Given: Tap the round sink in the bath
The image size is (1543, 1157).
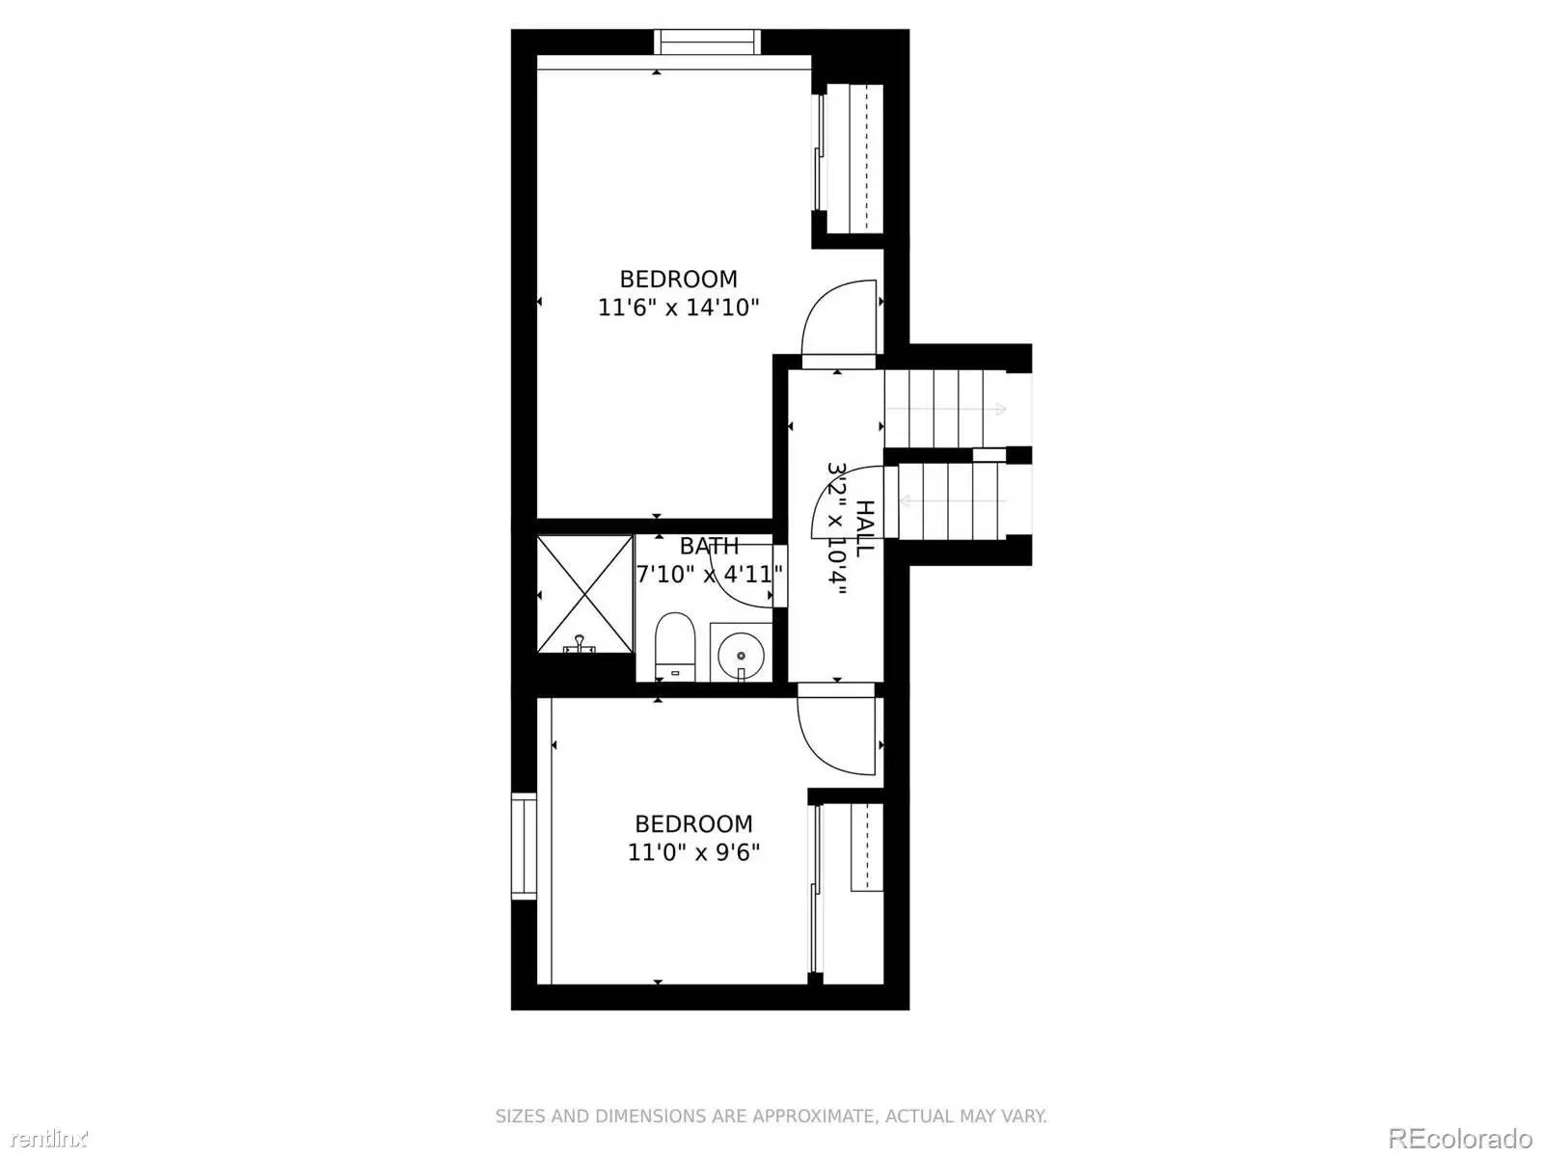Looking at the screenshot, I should click(741, 653).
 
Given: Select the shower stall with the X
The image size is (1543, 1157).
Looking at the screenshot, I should click(584, 593).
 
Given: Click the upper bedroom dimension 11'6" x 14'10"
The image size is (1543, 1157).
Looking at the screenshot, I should click(679, 309).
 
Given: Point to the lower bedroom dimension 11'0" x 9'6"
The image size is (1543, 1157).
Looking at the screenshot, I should click(693, 852).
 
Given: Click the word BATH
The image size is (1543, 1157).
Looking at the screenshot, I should click(710, 547).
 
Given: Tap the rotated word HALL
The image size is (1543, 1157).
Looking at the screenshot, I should click(865, 526).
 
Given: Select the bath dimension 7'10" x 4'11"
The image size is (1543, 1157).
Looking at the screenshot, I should click(709, 575).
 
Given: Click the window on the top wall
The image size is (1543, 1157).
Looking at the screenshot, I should click(708, 42).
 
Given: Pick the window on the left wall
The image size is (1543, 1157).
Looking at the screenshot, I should click(524, 846).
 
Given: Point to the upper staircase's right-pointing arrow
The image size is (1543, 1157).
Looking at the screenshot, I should click(999, 410).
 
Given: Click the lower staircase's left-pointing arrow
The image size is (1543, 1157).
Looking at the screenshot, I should click(906, 500).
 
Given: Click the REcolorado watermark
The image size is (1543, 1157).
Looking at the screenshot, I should click(1460, 1138).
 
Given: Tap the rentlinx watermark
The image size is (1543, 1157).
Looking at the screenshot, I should click(43, 1139).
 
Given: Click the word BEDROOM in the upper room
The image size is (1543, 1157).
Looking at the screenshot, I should click(678, 280).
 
